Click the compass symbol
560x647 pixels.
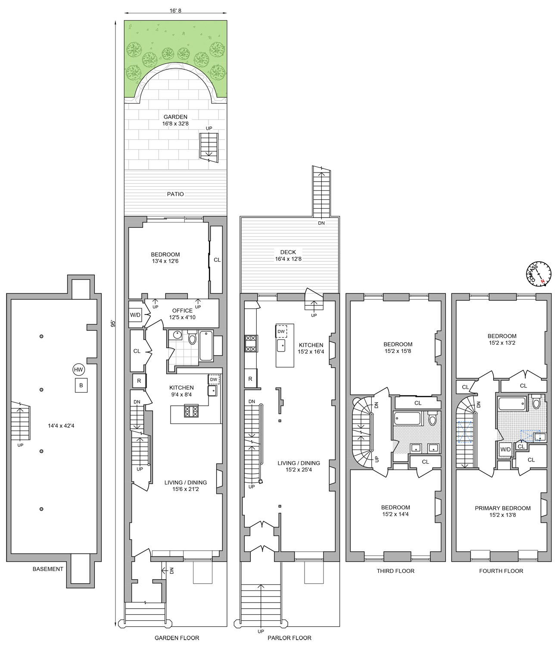coord(538,274)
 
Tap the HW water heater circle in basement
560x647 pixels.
coord(78,370)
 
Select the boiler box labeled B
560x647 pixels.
coord(81,385)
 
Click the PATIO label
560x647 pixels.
coord(175,194)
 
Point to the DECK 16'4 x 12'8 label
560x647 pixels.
coord(288,255)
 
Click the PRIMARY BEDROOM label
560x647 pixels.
coord(502,511)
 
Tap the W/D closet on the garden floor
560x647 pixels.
coord(135,315)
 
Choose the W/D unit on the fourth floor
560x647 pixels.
coord(505,449)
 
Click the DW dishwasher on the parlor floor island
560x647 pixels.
coord(281,331)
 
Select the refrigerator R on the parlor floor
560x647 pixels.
coord(250,379)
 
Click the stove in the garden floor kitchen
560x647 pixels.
coord(191,411)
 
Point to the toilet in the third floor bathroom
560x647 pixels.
coord(432,419)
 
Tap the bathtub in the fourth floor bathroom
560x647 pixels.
coord(512,404)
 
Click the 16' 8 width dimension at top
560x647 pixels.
coord(175,11)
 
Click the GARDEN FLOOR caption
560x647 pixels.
coord(177,638)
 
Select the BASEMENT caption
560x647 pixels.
coord(48,569)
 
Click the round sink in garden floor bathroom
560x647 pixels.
coord(177,334)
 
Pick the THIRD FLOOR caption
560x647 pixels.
coord(395,571)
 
